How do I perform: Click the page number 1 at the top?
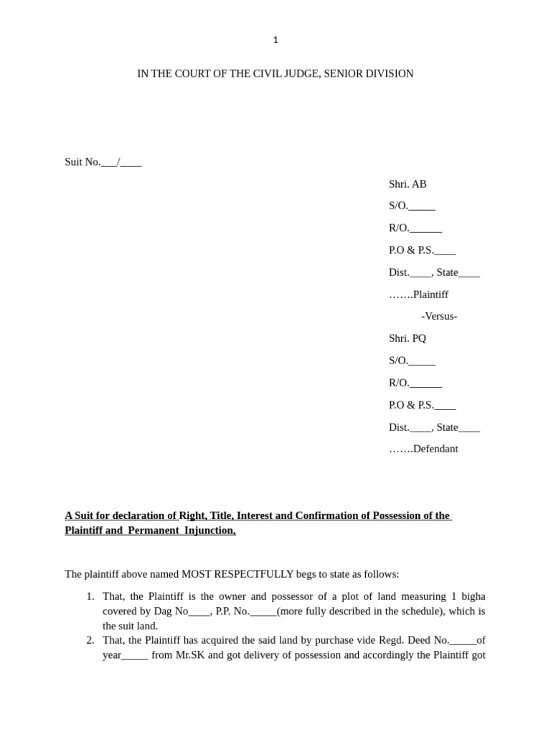[x=275, y=40]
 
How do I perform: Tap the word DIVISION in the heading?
[x=390, y=74]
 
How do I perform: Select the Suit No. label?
[x=83, y=162]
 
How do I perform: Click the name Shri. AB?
[x=408, y=184]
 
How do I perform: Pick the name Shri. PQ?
[x=408, y=338]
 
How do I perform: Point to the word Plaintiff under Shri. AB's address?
[x=430, y=295]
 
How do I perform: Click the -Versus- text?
[x=439, y=316]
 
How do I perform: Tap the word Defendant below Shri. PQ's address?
[x=435, y=449]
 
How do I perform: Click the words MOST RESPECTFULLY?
[x=237, y=574]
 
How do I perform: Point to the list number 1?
[x=90, y=596]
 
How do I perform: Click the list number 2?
[x=90, y=640]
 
